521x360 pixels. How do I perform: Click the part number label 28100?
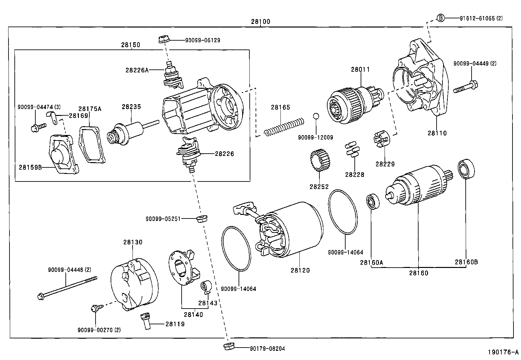260,22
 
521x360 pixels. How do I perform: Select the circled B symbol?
441,18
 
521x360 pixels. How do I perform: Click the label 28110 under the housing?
437,133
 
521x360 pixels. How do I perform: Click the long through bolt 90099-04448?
67,288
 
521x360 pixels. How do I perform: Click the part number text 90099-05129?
203,40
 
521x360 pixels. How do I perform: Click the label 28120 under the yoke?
300,270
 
